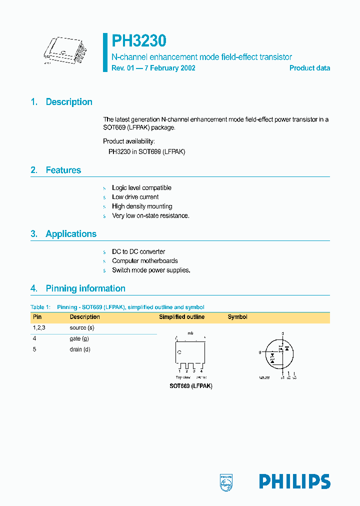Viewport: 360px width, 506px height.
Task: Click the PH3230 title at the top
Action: (x=138, y=40)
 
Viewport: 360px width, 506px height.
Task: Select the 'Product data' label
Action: (x=309, y=68)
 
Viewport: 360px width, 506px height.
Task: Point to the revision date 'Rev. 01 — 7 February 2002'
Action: (x=153, y=68)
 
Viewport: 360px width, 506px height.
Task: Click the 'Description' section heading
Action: (x=68, y=102)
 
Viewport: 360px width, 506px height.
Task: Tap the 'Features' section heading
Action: (x=63, y=170)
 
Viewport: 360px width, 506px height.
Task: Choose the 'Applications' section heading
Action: (x=71, y=234)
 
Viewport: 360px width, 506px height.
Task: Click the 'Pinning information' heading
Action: (x=85, y=288)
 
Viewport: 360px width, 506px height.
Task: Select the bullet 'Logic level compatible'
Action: (x=141, y=188)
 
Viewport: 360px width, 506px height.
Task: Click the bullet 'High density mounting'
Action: (x=142, y=206)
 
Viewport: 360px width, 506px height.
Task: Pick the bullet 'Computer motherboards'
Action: (x=144, y=261)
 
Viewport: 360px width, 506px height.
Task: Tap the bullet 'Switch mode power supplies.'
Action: (x=151, y=270)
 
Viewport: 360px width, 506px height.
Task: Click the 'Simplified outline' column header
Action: (x=181, y=317)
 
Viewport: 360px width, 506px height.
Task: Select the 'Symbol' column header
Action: (x=237, y=317)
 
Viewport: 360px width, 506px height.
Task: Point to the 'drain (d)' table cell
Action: (x=80, y=349)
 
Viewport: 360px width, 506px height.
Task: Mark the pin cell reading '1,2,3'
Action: (x=39, y=328)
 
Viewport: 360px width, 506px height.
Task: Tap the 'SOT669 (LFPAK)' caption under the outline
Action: (x=190, y=386)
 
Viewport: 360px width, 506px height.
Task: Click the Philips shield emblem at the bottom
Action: (x=226, y=481)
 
